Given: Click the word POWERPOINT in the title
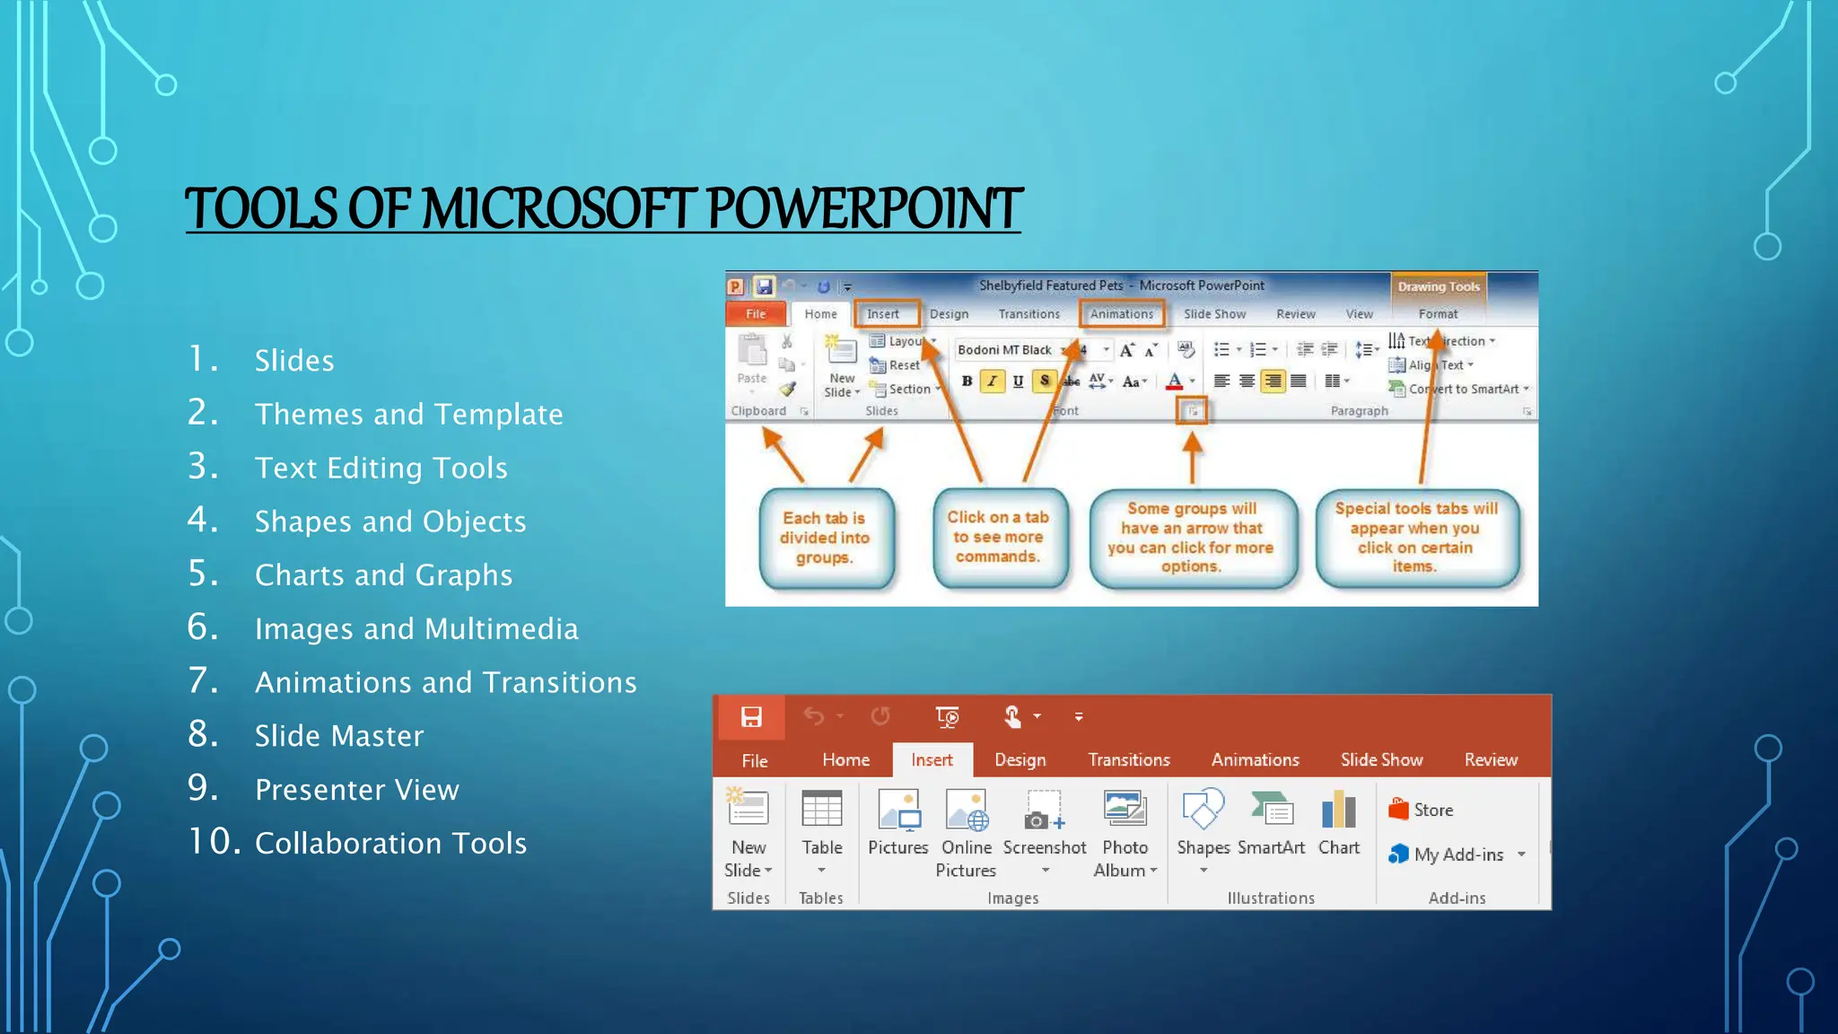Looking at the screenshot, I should (863, 208).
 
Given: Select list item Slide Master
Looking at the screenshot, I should (338, 736).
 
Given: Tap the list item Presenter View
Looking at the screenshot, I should (356, 790).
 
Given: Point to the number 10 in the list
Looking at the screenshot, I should (214, 842).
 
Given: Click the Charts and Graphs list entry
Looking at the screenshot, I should (383, 575).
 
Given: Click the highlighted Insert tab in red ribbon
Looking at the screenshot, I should (932, 760).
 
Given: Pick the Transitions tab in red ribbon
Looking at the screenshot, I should (1129, 760).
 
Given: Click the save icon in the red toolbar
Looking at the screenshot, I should (751, 716).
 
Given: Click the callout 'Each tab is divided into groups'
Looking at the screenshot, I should (825, 538).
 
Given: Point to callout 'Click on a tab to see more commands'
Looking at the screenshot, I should (998, 537).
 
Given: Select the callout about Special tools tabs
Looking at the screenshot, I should (1415, 537).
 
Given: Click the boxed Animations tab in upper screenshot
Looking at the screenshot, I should (1122, 314).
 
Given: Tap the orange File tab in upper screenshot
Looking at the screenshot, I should (756, 314).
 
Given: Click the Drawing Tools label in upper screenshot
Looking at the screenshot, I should (1438, 287).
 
